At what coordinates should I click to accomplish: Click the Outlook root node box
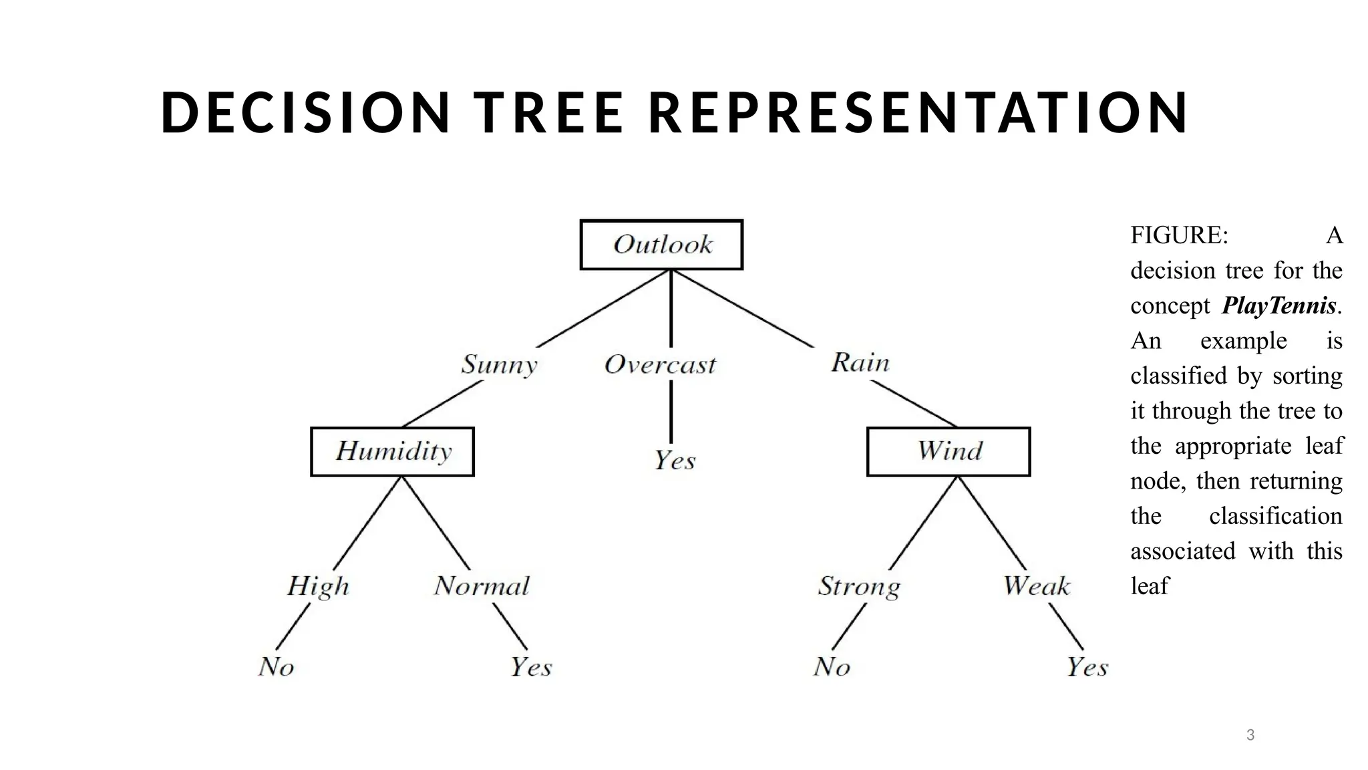click(661, 245)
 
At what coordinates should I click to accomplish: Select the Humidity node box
click(393, 452)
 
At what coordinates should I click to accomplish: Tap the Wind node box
click(949, 452)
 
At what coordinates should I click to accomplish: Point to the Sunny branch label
click(499, 365)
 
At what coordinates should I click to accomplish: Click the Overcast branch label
click(660, 365)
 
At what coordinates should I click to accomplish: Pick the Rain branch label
click(860, 363)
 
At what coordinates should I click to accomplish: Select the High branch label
click(318, 586)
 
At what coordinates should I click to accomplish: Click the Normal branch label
click(482, 586)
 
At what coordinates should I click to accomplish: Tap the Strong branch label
click(859, 586)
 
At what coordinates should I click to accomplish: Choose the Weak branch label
click(1037, 586)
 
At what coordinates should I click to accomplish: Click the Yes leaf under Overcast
click(675, 461)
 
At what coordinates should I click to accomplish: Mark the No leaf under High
click(276, 666)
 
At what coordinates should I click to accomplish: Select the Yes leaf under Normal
click(531, 666)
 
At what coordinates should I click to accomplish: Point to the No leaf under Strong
click(832, 666)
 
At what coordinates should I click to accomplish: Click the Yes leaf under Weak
click(1087, 666)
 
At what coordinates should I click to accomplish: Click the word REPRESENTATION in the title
click(918, 112)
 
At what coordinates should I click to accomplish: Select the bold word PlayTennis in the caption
click(1279, 306)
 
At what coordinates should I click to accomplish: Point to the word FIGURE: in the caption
click(1179, 236)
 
